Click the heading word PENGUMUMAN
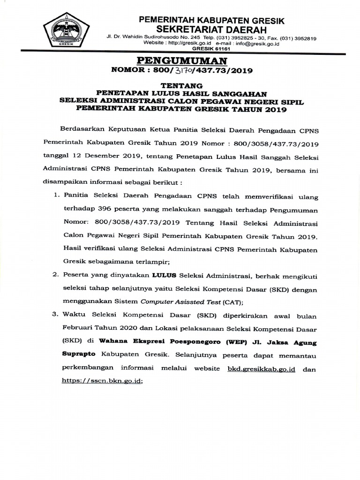181,60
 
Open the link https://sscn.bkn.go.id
101,382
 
